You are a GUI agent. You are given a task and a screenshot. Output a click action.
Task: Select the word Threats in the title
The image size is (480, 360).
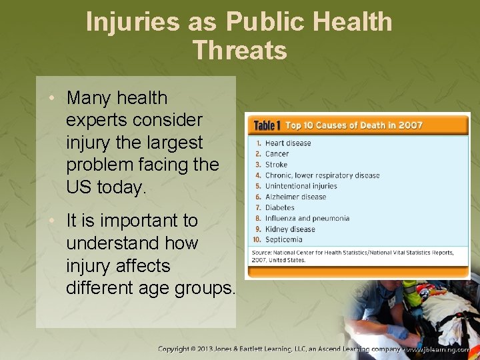pyautogui.click(x=239, y=50)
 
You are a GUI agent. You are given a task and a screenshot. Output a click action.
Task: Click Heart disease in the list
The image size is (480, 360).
pyautogui.click(x=288, y=143)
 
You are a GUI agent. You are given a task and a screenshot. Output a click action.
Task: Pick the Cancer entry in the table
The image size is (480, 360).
pyautogui.click(x=277, y=153)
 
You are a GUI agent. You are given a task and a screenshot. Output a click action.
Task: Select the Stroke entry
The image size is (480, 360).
pyautogui.click(x=276, y=165)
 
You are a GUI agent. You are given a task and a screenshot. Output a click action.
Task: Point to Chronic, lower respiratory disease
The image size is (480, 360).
pyautogui.click(x=322, y=175)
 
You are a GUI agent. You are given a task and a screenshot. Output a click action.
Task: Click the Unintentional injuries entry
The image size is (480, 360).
pyautogui.click(x=301, y=186)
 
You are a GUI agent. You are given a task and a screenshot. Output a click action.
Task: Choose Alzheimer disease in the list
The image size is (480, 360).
pyautogui.click(x=295, y=197)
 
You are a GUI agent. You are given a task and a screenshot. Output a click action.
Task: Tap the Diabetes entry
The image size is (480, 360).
pyautogui.click(x=280, y=207)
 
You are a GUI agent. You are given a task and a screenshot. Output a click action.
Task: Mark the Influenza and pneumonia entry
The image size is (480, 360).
pyautogui.click(x=307, y=218)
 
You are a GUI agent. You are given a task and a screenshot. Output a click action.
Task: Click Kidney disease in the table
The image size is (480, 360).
pyautogui.click(x=290, y=229)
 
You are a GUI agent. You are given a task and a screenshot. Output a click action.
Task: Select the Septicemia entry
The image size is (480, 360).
pyautogui.click(x=283, y=239)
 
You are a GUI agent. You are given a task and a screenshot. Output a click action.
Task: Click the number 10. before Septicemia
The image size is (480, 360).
pyautogui.click(x=256, y=239)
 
